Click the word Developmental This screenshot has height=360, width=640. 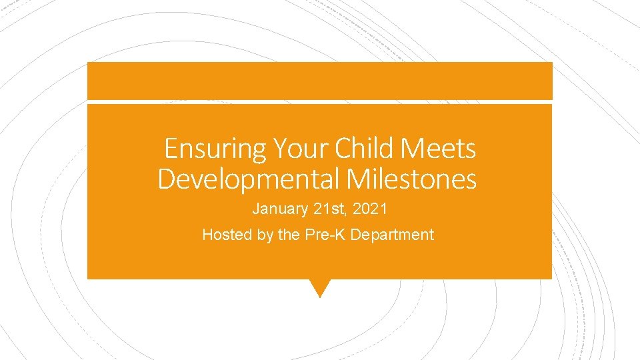click(x=249, y=179)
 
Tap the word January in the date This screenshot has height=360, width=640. click(x=279, y=209)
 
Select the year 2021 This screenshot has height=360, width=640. click(x=371, y=209)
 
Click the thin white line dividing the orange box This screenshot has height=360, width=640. click(x=320, y=101)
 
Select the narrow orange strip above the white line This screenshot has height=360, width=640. click(x=320, y=81)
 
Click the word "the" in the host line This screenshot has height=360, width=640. click(x=287, y=235)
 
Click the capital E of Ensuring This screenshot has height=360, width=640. click(x=171, y=148)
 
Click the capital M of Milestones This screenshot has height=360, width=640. click(x=358, y=179)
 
